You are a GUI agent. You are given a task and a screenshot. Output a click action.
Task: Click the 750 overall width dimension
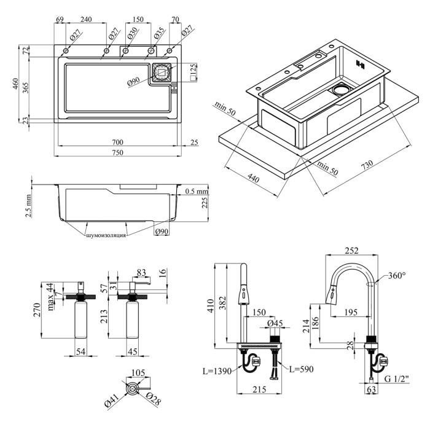[117, 152]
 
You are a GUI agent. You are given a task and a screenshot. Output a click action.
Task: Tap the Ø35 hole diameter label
[158, 31]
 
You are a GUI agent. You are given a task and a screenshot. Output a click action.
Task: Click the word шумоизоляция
[108, 235]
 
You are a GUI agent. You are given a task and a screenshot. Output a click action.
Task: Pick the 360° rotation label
[396, 276]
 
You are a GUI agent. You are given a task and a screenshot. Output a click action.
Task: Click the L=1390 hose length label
[217, 371]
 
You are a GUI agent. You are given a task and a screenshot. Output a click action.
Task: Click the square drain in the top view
[162, 72]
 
